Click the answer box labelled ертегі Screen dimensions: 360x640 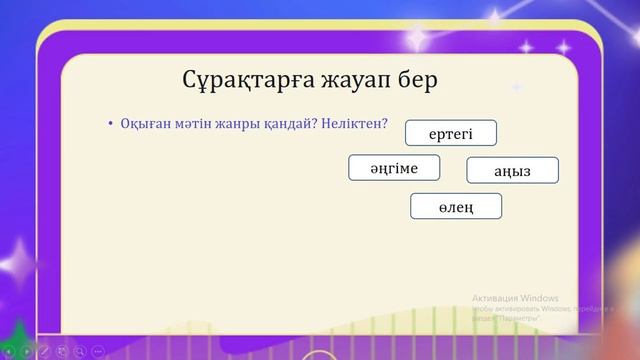(x=450, y=133)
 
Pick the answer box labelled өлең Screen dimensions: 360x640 (x=456, y=206)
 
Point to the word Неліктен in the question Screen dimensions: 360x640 (x=352, y=123)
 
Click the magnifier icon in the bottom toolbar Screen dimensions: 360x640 (x=81, y=351)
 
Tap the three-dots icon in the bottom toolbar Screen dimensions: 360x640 (x=98, y=351)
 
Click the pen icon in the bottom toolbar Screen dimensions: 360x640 (x=44, y=351)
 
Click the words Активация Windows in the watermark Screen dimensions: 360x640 (x=515, y=298)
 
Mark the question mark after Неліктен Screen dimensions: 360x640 (x=385, y=123)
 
